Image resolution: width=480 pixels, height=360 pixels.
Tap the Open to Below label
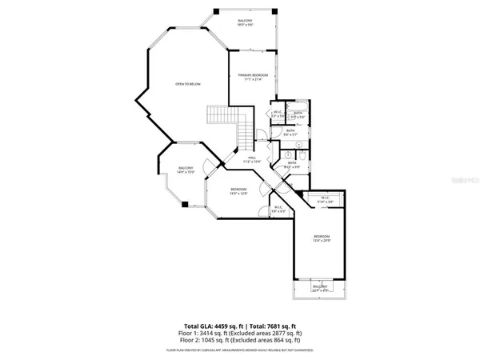point(188,83)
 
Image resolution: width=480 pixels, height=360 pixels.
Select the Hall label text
point(251,159)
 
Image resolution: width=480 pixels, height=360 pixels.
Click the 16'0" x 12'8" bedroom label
point(239,190)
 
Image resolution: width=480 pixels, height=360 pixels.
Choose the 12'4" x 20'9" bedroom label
point(322,238)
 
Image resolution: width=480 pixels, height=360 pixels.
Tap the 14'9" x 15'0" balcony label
point(186,170)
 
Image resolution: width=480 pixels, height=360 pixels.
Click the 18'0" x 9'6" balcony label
point(245,22)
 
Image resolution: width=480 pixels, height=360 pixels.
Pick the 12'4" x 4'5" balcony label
point(320,287)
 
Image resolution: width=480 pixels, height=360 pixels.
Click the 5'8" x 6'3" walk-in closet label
point(278,209)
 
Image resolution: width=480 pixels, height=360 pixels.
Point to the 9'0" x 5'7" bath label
point(291,134)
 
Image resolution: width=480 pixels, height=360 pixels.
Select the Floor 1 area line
point(240,334)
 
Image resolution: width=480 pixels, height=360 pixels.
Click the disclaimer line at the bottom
point(240,350)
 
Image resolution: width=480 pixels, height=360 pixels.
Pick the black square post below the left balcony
point(184,204)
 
